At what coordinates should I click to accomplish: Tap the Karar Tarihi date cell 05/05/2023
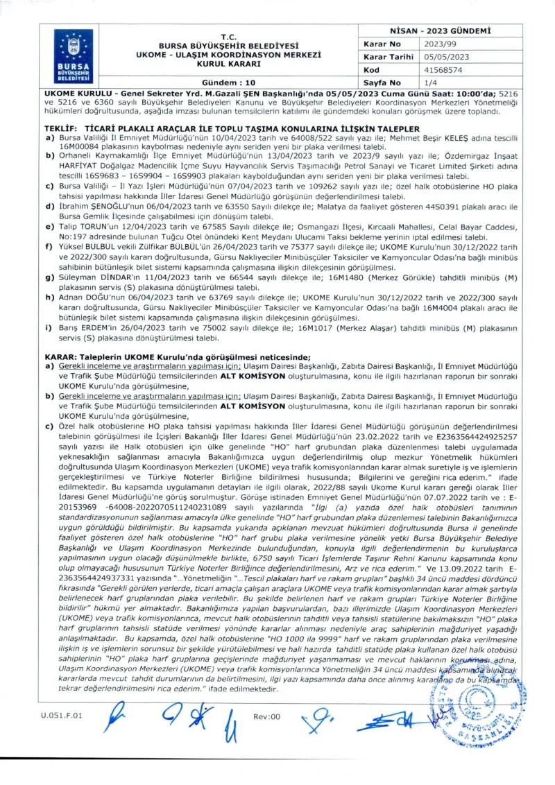[x=445, y=57]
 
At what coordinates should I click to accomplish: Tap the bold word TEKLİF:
[x=58, y=130]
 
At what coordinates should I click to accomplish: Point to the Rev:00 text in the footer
[x=267, y=716]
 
